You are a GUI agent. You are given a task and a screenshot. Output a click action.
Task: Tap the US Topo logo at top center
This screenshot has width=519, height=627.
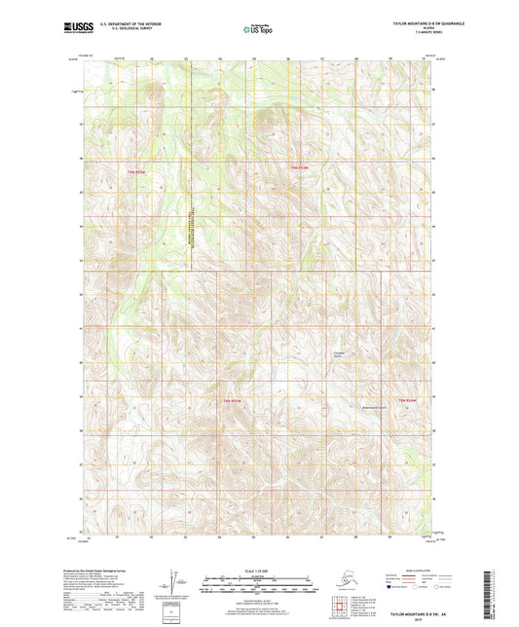(x=258, y=29)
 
